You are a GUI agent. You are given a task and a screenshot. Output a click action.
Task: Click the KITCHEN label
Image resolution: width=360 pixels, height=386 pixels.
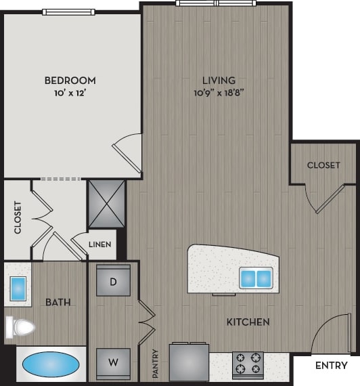248,322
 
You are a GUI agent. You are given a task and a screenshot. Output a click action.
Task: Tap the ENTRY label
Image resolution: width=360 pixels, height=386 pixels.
332,366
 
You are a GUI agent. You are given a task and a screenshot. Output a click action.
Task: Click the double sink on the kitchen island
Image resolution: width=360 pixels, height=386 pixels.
256,278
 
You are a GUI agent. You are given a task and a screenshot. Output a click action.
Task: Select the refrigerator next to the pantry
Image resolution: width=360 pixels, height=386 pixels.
189,363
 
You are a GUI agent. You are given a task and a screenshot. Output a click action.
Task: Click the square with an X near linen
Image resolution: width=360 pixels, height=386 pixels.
107,202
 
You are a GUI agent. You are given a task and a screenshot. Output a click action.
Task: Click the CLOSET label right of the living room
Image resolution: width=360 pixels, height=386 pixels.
323,165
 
